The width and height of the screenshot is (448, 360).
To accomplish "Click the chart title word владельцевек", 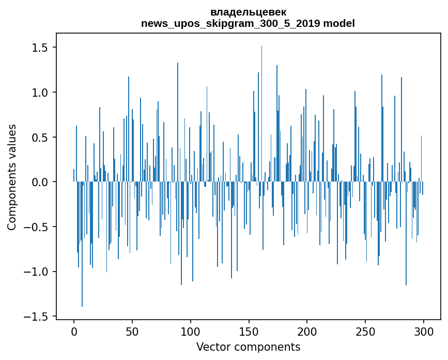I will [248, 12].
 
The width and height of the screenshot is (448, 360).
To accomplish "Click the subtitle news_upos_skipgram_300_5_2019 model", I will [248, 23].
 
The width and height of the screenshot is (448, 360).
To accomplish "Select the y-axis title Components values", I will [12, 177].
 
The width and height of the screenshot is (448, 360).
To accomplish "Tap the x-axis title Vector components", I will [248, 347].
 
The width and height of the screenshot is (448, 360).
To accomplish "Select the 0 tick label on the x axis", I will [74, 331].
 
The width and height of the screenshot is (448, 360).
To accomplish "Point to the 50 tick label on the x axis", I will [132, 331].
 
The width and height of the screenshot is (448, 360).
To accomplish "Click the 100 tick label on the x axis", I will [191, 331].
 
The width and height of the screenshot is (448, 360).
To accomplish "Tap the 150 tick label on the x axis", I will [249, 331].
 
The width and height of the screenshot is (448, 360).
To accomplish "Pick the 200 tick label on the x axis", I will [307, 331].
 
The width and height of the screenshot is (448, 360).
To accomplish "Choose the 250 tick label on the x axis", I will [365, 331].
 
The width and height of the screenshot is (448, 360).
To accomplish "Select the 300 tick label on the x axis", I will [424, 331].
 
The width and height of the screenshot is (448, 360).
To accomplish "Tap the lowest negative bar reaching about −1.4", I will [82, 248].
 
